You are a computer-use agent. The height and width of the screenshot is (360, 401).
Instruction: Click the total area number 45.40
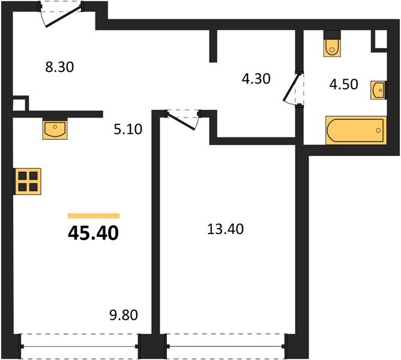93,233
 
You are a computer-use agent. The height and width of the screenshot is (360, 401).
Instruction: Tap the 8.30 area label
59,67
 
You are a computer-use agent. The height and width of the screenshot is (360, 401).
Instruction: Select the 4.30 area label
256,79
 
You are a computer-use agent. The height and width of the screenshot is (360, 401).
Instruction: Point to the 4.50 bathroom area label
343,85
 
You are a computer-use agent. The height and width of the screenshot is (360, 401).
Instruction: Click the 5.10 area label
128,130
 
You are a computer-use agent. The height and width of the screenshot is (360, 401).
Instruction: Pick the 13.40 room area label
225,229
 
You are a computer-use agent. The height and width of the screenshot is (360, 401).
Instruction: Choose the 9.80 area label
124,315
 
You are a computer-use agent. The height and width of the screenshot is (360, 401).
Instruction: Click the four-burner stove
28,181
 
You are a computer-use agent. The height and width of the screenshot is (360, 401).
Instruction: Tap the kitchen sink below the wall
55,129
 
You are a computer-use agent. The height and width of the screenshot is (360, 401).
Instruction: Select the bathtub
356,130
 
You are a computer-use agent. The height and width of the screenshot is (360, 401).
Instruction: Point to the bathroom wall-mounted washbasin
378,90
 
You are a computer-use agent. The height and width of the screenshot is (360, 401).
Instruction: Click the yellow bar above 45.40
94,216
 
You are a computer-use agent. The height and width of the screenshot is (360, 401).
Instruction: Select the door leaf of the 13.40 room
182,121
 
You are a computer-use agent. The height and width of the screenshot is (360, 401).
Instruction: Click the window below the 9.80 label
79,346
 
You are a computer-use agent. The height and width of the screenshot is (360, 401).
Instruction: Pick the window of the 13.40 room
226,346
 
